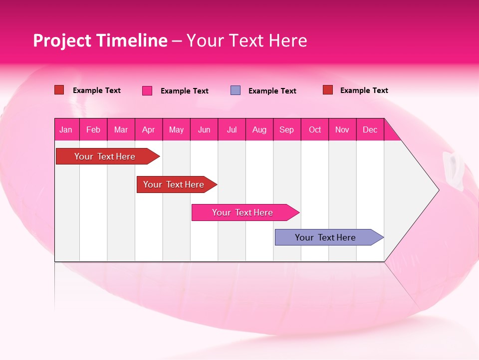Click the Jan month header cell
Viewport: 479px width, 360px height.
(x=66, y=129)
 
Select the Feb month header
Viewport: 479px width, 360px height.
(x=93, y=129)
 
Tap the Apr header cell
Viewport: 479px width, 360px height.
(x=149, y=129)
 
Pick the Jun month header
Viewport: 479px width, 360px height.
(x=204, y=129)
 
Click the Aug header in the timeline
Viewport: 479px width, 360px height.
(x=259, y=129)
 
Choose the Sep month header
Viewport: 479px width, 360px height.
(x=287, y=129)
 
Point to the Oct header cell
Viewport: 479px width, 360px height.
(x=315, y=129)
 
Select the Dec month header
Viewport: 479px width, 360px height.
(x=370, y=129)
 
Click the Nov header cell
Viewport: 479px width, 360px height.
(x=342, y=129)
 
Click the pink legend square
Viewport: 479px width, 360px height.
(x=147, y=90)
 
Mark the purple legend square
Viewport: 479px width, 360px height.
(x=236, y=90)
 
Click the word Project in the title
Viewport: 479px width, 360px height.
(x=62, y=40)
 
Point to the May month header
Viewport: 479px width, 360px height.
(x=176, y=129)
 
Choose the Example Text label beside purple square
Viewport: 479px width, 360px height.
(x=272, y=91)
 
